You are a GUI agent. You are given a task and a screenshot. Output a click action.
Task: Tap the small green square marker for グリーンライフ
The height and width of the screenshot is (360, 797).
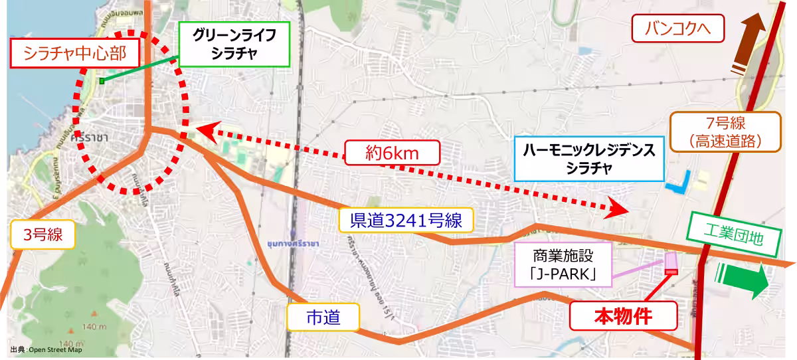pyautogui.click(x=102, y=81)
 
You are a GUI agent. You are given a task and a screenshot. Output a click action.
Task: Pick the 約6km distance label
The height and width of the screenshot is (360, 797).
pyautogui.click(x=393, y=153)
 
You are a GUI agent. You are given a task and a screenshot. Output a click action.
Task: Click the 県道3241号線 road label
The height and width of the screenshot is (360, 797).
pyautogui.click(x=406, y=220)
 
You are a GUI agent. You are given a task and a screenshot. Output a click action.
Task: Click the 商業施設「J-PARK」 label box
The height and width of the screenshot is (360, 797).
pyautogui.click(x=562, y=264)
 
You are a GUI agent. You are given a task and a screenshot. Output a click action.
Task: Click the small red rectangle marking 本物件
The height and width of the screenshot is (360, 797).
pyautogui.click(x=671, y=271)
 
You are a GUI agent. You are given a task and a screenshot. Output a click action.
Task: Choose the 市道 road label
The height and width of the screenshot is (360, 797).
pyautogui.click(x=323, y=318)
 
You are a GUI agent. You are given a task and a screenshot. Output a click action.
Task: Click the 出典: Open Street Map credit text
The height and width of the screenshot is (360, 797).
pyautogui.click(x=46, y=349)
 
